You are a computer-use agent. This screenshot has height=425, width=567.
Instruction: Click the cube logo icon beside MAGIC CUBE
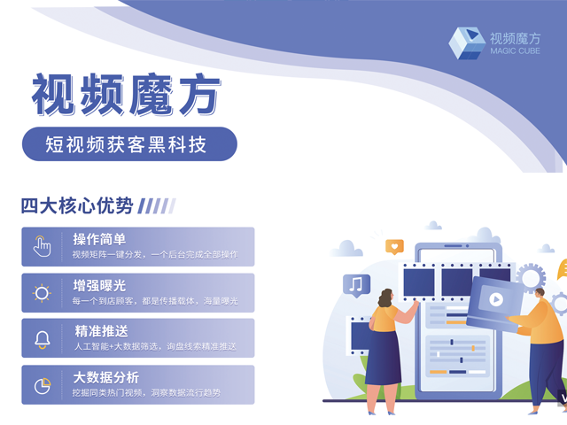pyautogui.click(x=467, y=43)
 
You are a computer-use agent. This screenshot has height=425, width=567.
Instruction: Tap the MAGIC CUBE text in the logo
pyautogui.click(x=515, y=51)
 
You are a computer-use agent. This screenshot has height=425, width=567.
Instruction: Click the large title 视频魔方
pyautogui.click(x=126, y=95)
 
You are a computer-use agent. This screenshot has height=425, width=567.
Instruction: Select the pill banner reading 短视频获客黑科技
pyautogui.click(x=129, y=143)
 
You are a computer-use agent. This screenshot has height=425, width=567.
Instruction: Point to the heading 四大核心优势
pyautogui.click(x=77, y=206)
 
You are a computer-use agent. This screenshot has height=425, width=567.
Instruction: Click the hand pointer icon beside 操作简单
pyautogui.click(x=42, y=246)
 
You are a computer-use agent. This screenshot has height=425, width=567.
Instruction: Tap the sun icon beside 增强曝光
pyautogui.click(x=42, y=293)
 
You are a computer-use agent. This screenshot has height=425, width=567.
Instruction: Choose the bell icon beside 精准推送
pyautogui.click(x=43, y=339)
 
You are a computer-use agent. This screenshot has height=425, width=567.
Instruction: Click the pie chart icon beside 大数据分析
pyautogui.click(x=43, y=386)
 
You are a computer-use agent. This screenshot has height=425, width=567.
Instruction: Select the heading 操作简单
pyautogui.click(x=99, y=239)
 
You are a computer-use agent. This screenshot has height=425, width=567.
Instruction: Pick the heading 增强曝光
pyautogui.click(x=99, y=286)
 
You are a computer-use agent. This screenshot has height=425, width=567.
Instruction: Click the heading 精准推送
pyautogui.click(x=102, y=331)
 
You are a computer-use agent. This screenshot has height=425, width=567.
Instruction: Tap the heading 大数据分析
pyautogui.click(x=106, y=378)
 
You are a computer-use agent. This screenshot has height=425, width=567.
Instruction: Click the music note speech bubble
pyautogui.click(x=356, y=285)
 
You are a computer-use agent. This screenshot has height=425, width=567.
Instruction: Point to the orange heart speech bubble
pyautogui.click(x=394, y=247)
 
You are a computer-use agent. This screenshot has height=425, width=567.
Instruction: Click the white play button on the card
pyautogui.click(x=496, y=299)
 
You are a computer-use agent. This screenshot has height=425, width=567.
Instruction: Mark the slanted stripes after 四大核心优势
pyautogui.click(x=157, y=206)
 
